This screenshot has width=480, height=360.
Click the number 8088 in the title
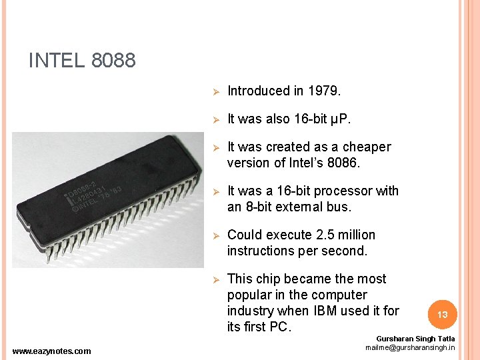pos(113,61)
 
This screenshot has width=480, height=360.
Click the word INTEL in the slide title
pos(57,61)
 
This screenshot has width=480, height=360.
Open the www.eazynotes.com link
pos(52,351)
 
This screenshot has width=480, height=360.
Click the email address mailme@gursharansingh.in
pos(410,348)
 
